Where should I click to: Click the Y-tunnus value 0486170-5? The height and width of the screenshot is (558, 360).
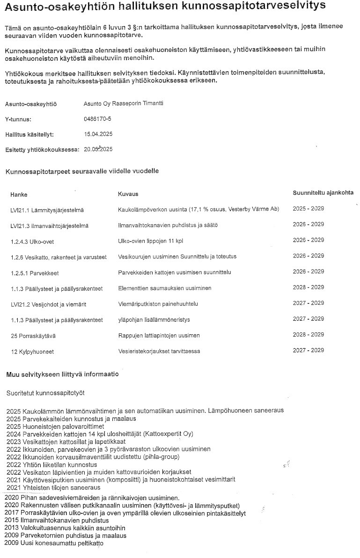97,119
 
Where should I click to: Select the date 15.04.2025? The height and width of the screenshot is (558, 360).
98,134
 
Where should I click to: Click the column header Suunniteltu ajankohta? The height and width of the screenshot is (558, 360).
323,192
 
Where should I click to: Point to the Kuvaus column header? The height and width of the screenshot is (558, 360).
128,194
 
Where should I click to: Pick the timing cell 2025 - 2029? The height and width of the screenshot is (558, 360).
308,208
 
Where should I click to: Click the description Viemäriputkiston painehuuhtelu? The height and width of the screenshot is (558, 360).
158,304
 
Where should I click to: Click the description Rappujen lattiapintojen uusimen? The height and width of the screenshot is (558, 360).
159,336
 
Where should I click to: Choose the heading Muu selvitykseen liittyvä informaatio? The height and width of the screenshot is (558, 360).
63,374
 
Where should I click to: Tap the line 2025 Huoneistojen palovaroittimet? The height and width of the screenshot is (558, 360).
55,426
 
